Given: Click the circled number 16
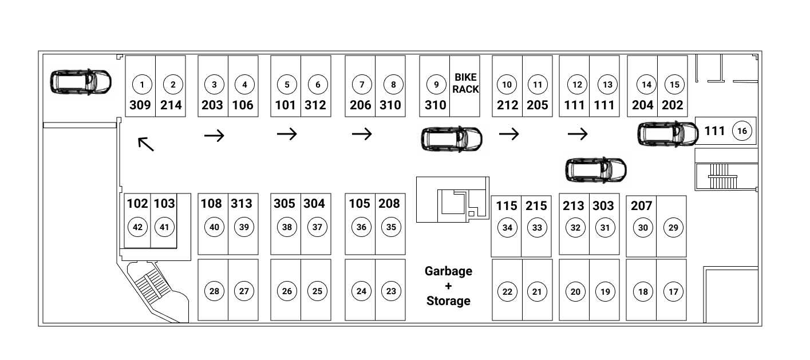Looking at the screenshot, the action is (742, 131).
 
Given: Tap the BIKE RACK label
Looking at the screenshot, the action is (465, 83).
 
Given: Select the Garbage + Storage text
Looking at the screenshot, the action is (448, 286).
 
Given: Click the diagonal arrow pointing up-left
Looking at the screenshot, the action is (146, 144).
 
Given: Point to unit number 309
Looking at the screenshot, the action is (140, 105).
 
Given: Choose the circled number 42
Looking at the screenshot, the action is (138, 227).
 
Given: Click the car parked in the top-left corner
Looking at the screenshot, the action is (81, 82).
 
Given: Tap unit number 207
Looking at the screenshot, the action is (642, 205).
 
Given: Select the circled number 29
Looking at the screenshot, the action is (673, 227).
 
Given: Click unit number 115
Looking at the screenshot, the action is (506, 205).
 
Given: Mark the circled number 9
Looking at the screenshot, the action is (436, 85).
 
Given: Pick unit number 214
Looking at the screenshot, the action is (171, 105).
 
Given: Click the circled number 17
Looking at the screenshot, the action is (673, 291).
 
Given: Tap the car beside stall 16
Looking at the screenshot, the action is (668, 134).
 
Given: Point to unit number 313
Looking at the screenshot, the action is (242, 204).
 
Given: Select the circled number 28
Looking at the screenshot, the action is (215, 291).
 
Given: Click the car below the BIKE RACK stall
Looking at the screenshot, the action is (452, 139).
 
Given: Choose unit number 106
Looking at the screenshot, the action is (243, 105).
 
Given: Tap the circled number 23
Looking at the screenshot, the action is (391, 291).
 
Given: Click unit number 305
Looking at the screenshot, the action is (285, 204).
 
